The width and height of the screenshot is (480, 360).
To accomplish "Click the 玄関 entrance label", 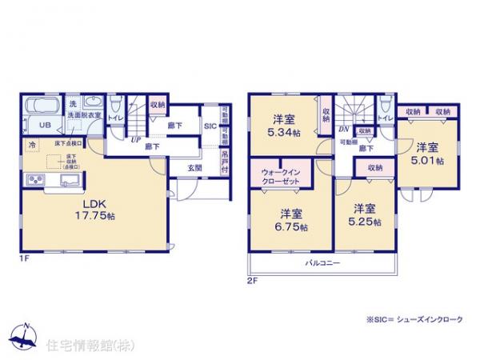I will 194,168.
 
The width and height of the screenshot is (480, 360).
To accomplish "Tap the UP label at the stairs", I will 137,139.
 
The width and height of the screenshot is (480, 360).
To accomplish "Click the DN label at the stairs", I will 343,129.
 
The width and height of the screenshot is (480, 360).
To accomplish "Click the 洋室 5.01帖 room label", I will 428,153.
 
